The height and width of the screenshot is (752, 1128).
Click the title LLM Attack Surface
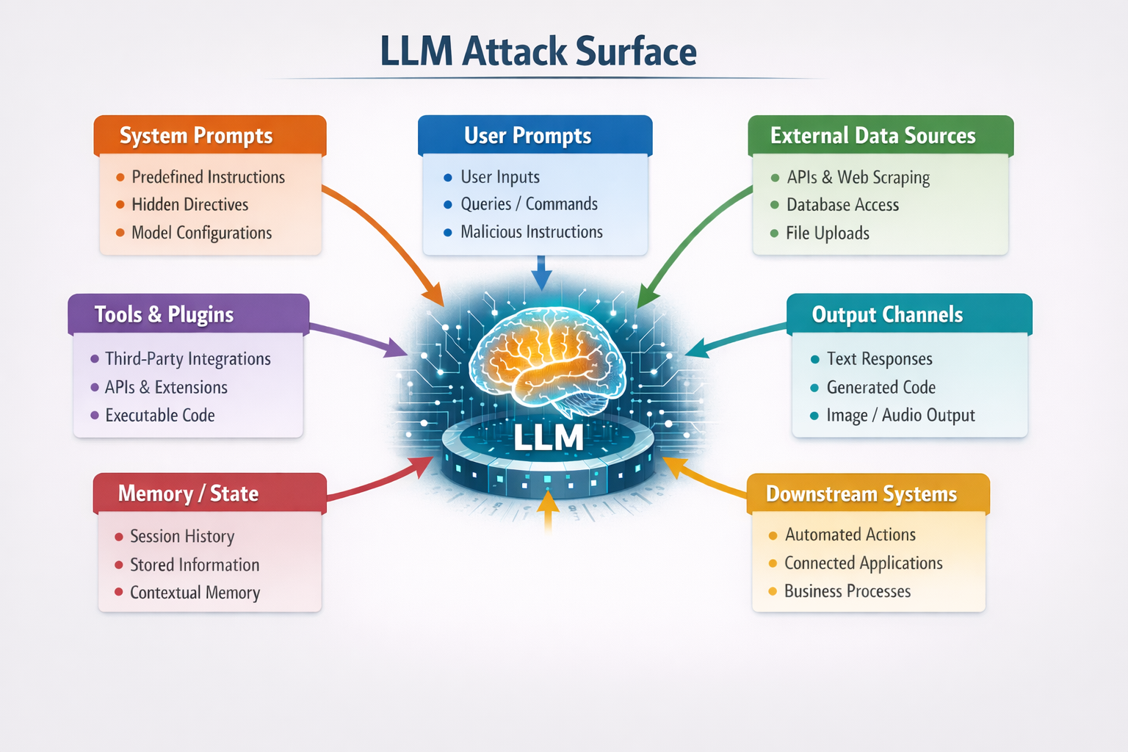[x=538, y=52]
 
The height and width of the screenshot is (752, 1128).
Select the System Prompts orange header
[x=196, y=136]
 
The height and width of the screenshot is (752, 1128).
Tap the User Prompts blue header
[x=527, y=136]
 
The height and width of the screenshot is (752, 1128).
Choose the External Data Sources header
[x=872, y=136]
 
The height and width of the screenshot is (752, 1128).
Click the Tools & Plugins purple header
[x=164, y=314]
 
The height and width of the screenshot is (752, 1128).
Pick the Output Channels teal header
[x=887, y=314]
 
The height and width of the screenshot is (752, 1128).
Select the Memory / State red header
[x=189, y=493]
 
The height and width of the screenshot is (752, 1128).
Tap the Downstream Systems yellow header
[x=861, y=493]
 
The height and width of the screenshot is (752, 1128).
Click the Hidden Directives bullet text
[x=189, y=205]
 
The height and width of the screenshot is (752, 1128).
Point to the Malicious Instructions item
[x=531, y=232]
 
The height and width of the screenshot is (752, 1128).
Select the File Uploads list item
[x=827, y=234]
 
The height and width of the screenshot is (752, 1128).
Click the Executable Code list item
[x=159, y=416]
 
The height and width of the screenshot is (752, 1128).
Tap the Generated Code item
[x=881, y=388]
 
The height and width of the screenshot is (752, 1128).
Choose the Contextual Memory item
[x=195, y=593]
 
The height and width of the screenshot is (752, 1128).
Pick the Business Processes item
[x=847, y=591]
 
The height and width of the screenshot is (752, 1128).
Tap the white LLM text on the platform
[x=549, y=438]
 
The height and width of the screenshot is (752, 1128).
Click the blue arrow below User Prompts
[x=541, y=273]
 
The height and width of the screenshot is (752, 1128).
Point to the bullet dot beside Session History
[x=119, y=537]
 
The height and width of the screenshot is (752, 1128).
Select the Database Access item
[x=842, y=205]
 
